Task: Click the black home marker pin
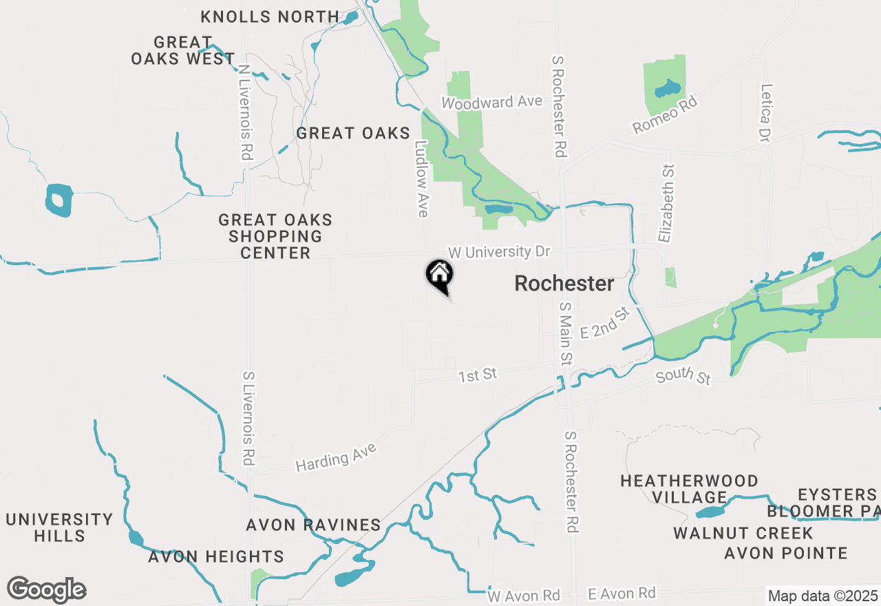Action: [x=439, y=275]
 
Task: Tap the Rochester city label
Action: [x=564, y=283]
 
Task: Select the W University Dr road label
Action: [x=499, y=252]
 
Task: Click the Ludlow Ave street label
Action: [x=422, y=180]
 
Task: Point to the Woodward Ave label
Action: [x=492, y=102]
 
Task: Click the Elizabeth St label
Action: [x=666, y=203]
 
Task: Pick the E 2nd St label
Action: [x=605, y=324]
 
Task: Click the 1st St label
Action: [x=478, y=375]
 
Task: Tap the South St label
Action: [x=683, y=377]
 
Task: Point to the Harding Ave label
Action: [x=336, y=458]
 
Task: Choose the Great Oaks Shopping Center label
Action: [x=275, y=236]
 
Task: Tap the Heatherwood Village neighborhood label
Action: [x=689, y=489]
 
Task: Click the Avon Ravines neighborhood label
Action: [x=313, y=525]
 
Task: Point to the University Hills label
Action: [x=59, y=527]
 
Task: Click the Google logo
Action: [x=46, y=589]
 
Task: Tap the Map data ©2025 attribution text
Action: [x=822, y=596]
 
